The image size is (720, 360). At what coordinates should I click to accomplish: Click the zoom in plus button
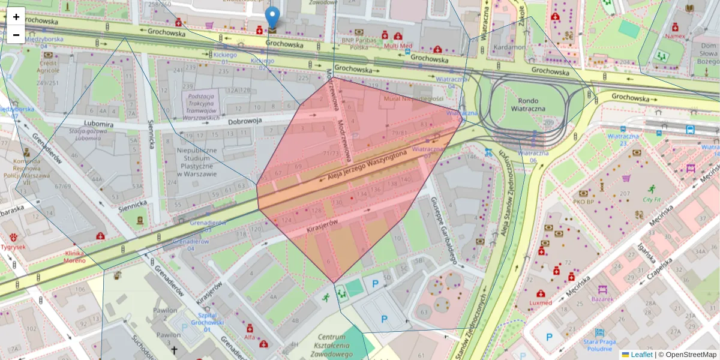(x=16, y=17)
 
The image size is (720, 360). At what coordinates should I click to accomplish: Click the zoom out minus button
(x=16, y=35)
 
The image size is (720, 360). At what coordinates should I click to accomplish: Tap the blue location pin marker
(x=272, y=18)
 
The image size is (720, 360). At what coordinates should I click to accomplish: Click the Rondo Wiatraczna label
(x=528, y=106)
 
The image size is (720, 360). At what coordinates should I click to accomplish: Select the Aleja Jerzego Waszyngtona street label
(x=368, y=165)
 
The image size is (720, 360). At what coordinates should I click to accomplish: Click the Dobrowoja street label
(x=245, y=121)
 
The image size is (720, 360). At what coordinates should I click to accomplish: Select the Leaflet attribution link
(x=641, y=355)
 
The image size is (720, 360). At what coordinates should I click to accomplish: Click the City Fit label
(x=655, y=199)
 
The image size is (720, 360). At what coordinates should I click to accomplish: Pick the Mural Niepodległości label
(x=414, y=98)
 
